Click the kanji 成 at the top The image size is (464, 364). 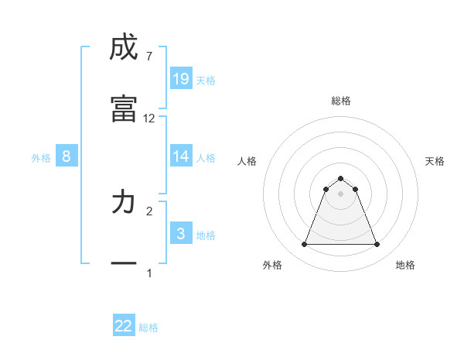tap(124, 48)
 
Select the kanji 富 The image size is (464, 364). tap(124, 108)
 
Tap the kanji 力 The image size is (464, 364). tap(124, 203)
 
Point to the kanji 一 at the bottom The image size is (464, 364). tap(124, 263)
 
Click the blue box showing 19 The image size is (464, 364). tap(181, 79)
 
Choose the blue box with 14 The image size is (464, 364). tap(181, 156)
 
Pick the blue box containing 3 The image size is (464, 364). tap(181, 234)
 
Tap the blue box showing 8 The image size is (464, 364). tap(67, 156)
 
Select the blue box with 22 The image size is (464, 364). tap(124, 326)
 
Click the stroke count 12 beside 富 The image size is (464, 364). tap(149, 118)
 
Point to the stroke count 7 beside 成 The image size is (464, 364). tap(148, 56)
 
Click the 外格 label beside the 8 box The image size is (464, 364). tap(41, 158)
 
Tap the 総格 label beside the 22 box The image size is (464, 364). tap(148, 328)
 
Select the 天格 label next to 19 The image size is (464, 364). tap(206, 81)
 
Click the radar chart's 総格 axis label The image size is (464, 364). tap(341, 101)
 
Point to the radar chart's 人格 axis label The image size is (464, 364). tap(247, 161)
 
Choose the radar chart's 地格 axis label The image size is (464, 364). tap(405, 266)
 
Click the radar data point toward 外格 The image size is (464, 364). tap(305, 245)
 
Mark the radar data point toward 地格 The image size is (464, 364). tap(377, 245)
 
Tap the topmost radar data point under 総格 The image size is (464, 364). tap(341, 178)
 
